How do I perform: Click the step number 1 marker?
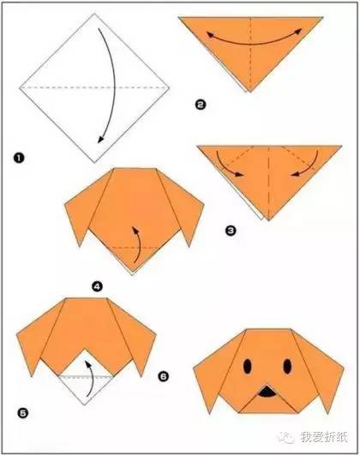(x=19, y=159)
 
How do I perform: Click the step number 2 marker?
(x=201, y=105)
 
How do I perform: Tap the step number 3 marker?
(x=231, y=230)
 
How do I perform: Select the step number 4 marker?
(x=97, y=287)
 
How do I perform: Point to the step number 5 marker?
(x=23, y=413)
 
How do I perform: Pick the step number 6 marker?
(x=164, y=377)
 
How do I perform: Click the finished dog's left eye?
(x=248, y=366)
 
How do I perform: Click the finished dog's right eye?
(x=287, y=366)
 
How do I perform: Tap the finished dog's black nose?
(x=267, y=392)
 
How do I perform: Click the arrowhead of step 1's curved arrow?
(x=100, y=140)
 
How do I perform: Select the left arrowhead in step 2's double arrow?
(x=210, y=34)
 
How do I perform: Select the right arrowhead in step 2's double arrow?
(x=298, y=32)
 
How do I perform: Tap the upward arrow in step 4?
(x=138, y=243)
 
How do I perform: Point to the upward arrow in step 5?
(x=92, y=377)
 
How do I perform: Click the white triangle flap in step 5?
(x=85, y=383)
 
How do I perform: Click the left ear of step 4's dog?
(x=84, y=203)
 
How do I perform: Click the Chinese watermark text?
(x=324, y=437)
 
